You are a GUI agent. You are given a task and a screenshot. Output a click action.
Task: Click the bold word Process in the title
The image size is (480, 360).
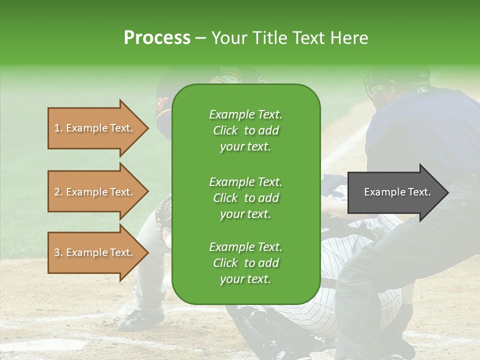point(156,37)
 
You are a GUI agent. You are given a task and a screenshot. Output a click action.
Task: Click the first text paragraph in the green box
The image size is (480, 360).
point(245,130)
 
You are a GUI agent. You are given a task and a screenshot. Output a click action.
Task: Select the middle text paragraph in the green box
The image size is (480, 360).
point(245,197)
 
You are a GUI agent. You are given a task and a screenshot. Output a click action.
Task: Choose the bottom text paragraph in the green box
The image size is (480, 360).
point(245,263)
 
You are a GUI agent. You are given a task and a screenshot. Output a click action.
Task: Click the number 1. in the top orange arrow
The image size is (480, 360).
point(58,128)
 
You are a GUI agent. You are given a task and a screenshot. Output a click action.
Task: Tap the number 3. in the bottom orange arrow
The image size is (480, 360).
point(58,252)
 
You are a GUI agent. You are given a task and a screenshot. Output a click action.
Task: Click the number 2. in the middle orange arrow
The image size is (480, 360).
point(58,192)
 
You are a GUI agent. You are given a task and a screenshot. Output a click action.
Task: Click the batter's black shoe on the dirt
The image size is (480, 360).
point(140,318)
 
